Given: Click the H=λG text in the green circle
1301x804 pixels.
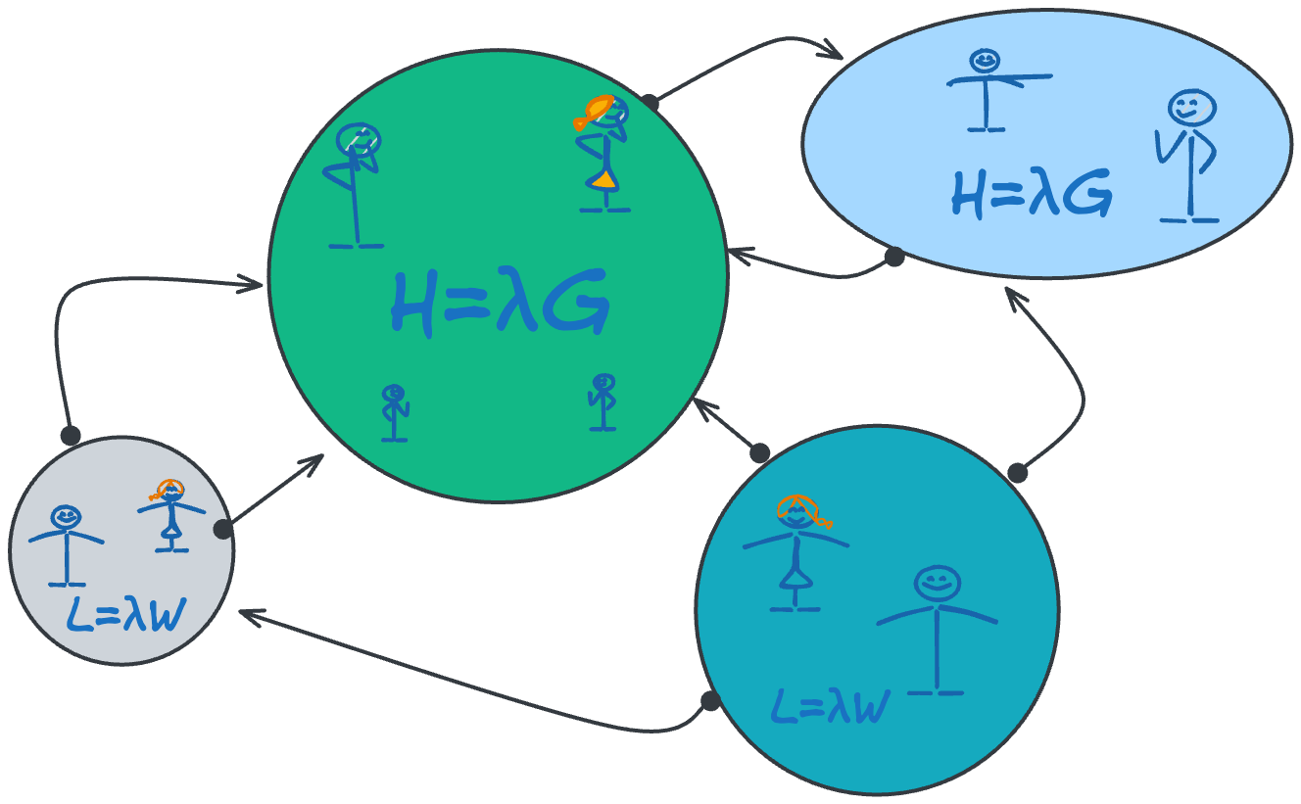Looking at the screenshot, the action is (500, 303).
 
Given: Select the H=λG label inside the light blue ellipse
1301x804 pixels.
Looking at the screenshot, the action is (1031, 195).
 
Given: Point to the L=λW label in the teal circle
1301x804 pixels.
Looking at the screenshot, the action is (830, 705).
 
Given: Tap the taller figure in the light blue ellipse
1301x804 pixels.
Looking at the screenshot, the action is (1187, 157).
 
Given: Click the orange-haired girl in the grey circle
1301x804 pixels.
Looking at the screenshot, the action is (171, 514).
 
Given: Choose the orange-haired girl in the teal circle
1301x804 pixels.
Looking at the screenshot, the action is (795, 553).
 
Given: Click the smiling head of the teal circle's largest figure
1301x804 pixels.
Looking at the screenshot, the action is (937, 585).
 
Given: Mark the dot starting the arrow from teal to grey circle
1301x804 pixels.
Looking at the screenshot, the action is (710, 701).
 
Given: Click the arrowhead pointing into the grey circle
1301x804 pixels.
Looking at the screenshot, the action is (245, 615).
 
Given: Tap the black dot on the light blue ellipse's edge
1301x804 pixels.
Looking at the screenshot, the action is (893, 257).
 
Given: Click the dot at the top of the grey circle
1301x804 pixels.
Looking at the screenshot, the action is (70, 434).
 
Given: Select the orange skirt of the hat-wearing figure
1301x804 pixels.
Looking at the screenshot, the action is (603, 179).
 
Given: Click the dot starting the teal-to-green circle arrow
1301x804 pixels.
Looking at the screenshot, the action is (759, 452).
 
